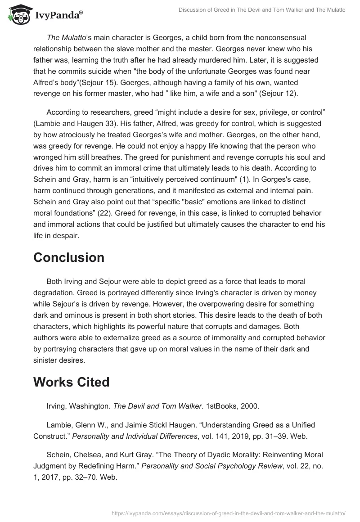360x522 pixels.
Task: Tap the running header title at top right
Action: (x=261, y=9)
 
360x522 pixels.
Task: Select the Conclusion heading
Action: (x=69, y=257)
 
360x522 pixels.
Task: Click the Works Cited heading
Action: (x=72, y=382)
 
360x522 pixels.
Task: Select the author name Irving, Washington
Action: (x=78, y=406)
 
